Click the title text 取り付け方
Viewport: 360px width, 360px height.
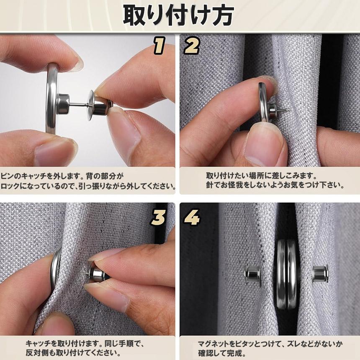click(x=178, y=15)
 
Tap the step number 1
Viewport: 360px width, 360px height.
click(x=159, y=46)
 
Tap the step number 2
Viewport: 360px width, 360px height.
click(x=192, y=46)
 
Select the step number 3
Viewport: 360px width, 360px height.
click(x=158, y=217)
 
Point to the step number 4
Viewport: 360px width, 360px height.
click(x=192, y=217)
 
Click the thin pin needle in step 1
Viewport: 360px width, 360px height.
click(x=79, y=105)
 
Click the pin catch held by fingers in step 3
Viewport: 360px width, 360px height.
click(x=98, y=273)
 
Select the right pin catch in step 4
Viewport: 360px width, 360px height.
click(x=320, y=273)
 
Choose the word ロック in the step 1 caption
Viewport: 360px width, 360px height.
click(x=9, y=186)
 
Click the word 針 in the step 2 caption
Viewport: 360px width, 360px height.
click(x=210, y=185)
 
